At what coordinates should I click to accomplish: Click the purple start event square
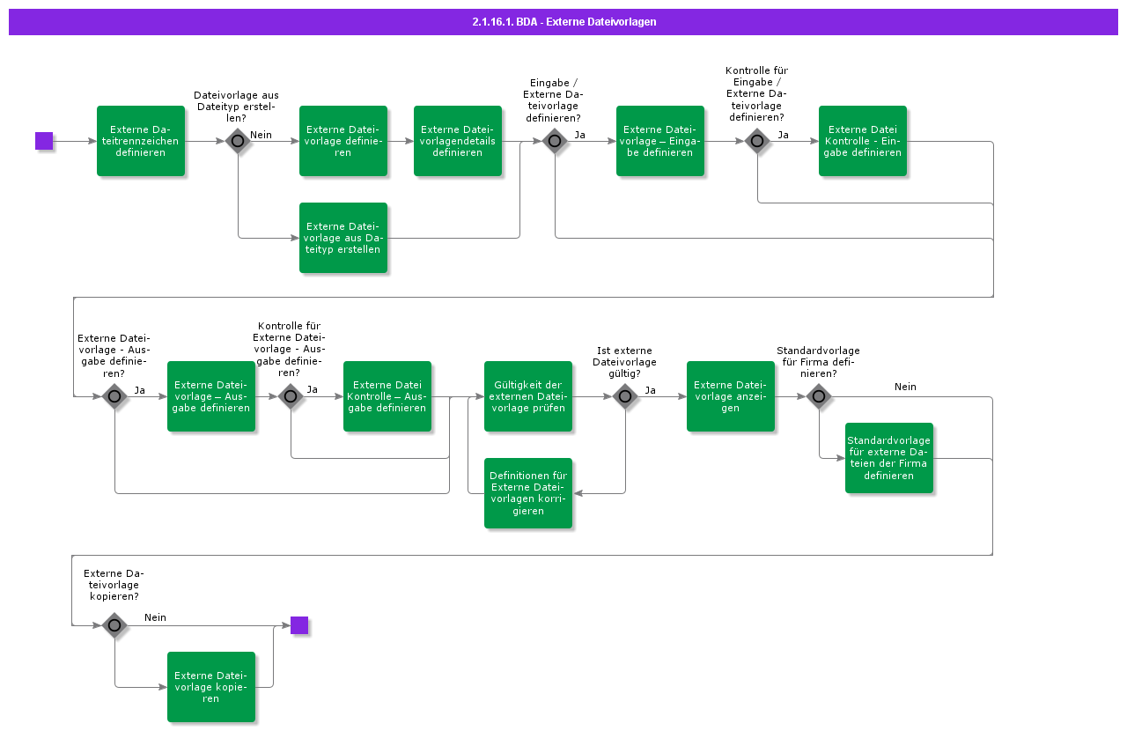point(44,141)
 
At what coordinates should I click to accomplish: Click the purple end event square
point(299,625)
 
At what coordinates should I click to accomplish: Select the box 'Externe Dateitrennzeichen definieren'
point(141,141)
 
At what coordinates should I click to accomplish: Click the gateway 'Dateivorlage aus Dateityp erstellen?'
point(238,141)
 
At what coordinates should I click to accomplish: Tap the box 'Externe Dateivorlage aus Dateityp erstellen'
point(343,238)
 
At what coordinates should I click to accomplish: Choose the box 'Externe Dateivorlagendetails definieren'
point(458,141)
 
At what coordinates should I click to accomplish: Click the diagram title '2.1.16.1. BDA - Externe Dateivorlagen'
point(563,22)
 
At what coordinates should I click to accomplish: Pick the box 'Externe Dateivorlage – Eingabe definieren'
point(660,141)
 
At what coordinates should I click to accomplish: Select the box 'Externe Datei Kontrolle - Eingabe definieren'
point(863,141)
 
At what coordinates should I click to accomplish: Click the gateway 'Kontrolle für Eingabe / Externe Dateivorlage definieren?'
point(757,141)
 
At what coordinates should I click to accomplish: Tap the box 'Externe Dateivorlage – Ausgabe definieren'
point(211,396)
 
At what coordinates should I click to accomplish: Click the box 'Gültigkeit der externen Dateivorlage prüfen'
point(528,396)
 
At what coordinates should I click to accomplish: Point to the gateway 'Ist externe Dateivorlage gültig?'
point(625,396)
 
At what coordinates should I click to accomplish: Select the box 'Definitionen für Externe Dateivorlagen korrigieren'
point(528,493)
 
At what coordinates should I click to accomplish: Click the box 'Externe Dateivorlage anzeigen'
point(731,396)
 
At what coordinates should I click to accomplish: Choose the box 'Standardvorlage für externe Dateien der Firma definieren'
point(889,458)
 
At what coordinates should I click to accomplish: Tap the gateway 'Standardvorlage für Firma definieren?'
point(819,396)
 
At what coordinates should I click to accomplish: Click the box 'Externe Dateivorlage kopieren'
point(211,687)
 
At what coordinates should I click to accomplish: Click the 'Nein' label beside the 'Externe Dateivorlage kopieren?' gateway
point(155,617)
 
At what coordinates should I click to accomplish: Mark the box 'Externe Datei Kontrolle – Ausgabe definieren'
point(387,396)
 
